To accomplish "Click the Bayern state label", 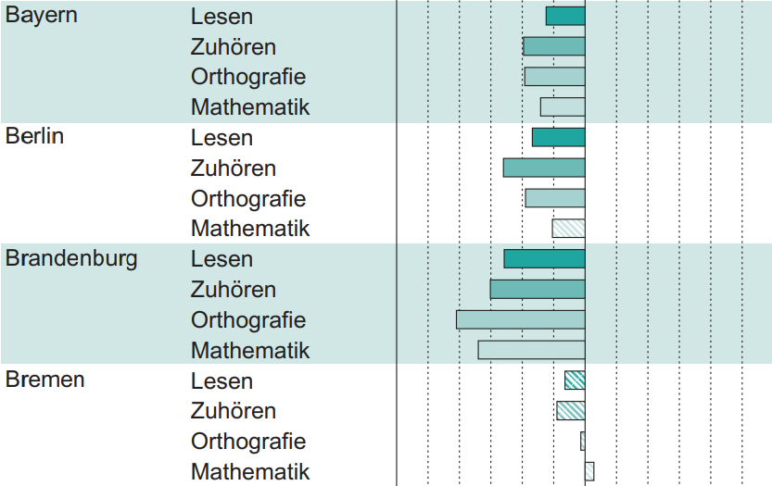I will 42,17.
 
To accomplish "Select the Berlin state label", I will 34,137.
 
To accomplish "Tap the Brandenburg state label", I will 71,258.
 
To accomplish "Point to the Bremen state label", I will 45,380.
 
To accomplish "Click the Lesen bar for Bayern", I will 565,16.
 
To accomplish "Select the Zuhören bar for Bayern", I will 554,46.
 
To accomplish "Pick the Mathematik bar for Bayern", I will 563,106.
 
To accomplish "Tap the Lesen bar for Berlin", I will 559,137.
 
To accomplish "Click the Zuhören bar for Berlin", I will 544,168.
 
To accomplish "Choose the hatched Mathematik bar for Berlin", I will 568,228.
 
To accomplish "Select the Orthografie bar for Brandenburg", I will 521,319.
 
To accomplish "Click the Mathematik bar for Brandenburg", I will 531,350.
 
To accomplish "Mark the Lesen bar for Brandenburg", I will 544,258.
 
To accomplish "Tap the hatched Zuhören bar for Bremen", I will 571,410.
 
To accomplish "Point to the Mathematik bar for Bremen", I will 589,471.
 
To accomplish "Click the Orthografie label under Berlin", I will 248,198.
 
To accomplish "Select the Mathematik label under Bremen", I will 250,471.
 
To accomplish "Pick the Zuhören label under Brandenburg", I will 234,290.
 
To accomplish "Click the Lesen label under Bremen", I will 221,380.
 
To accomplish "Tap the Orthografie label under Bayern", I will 248,77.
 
